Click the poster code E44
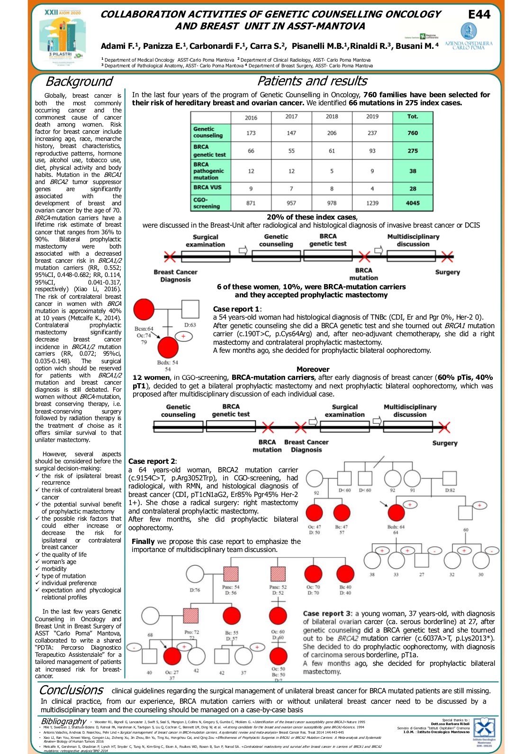479,15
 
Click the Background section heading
79,82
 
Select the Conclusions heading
71,690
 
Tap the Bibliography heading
63,721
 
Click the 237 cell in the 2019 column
372,133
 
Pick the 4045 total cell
413,203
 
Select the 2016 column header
251,118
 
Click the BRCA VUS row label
207,187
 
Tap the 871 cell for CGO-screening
251,203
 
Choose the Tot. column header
413,117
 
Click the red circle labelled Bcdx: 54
168,348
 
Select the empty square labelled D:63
190,310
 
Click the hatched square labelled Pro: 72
191,616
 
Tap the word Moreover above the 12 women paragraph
313,369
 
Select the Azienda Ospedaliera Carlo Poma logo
469,37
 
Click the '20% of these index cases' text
312,217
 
